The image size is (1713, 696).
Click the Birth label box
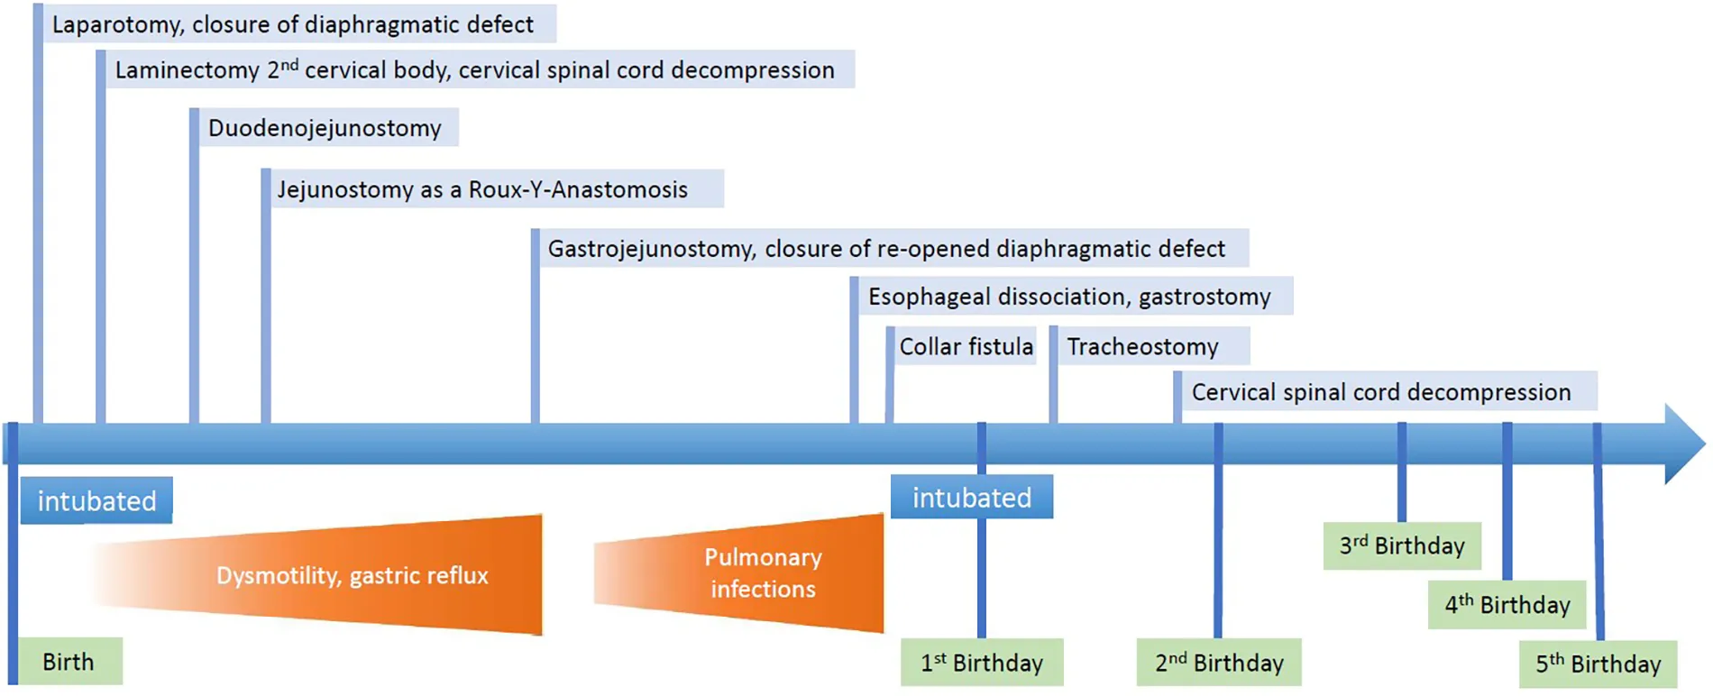[x=69, y=662]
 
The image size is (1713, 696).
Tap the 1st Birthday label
[x=981, y=663]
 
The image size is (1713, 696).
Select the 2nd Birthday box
[x=1219, y=663]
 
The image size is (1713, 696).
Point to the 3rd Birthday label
[x=1402, y=545]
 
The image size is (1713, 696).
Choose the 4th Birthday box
[x=1507, y=604]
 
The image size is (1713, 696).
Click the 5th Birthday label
[x=1598, y=664]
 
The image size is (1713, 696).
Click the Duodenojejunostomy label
[x=325, y=128]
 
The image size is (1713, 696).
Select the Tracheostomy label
[x=1142, y=346]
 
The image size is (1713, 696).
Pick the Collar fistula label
[x=966, y=346]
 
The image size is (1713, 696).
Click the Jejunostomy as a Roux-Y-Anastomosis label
[x=482, y=189]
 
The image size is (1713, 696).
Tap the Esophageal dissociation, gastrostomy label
[x=1069, y=297]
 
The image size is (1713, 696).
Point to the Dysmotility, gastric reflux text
[x=352, y=575]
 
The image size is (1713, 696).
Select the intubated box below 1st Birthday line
[x=972, y=498]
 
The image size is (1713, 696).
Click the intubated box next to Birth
[x=96, y=501]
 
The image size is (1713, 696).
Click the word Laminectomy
[x=187, y=70]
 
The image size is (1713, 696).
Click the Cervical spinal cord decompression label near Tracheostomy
[x=1380, y=392]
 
